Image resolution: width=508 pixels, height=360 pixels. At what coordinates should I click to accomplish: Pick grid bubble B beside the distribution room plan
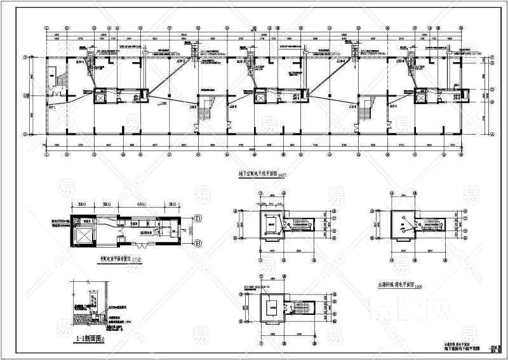pos(197,243)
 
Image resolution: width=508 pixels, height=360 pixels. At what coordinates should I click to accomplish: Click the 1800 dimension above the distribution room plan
pos(172,204)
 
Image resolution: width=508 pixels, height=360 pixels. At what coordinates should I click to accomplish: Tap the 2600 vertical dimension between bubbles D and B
pos(190,231)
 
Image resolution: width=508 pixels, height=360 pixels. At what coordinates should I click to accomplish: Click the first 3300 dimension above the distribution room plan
pos(82,204)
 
